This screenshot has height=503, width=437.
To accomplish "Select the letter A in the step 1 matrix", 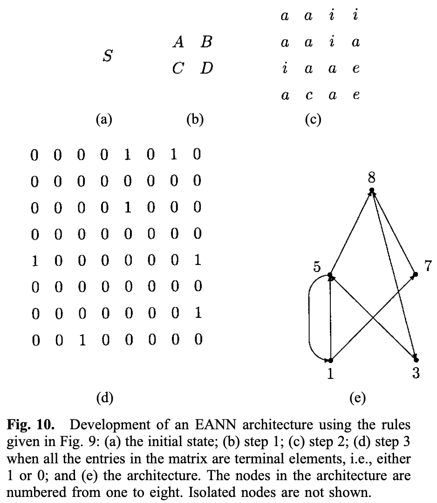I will coord(177,43).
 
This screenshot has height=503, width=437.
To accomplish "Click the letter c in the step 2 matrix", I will coord(307,96).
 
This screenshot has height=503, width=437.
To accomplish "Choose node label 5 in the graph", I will coord(317,268).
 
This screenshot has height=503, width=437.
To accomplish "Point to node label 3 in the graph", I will coord(416,375).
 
